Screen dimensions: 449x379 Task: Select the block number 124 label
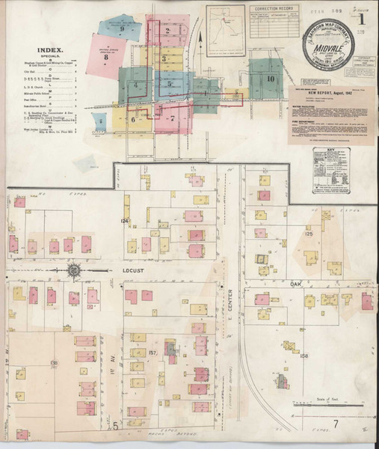125,220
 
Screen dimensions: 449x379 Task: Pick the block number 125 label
308,234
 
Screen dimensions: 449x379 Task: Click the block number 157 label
152,352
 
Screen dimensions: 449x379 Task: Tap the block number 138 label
54,363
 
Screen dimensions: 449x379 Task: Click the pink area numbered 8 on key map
107,55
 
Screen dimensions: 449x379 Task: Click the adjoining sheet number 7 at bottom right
337,426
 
